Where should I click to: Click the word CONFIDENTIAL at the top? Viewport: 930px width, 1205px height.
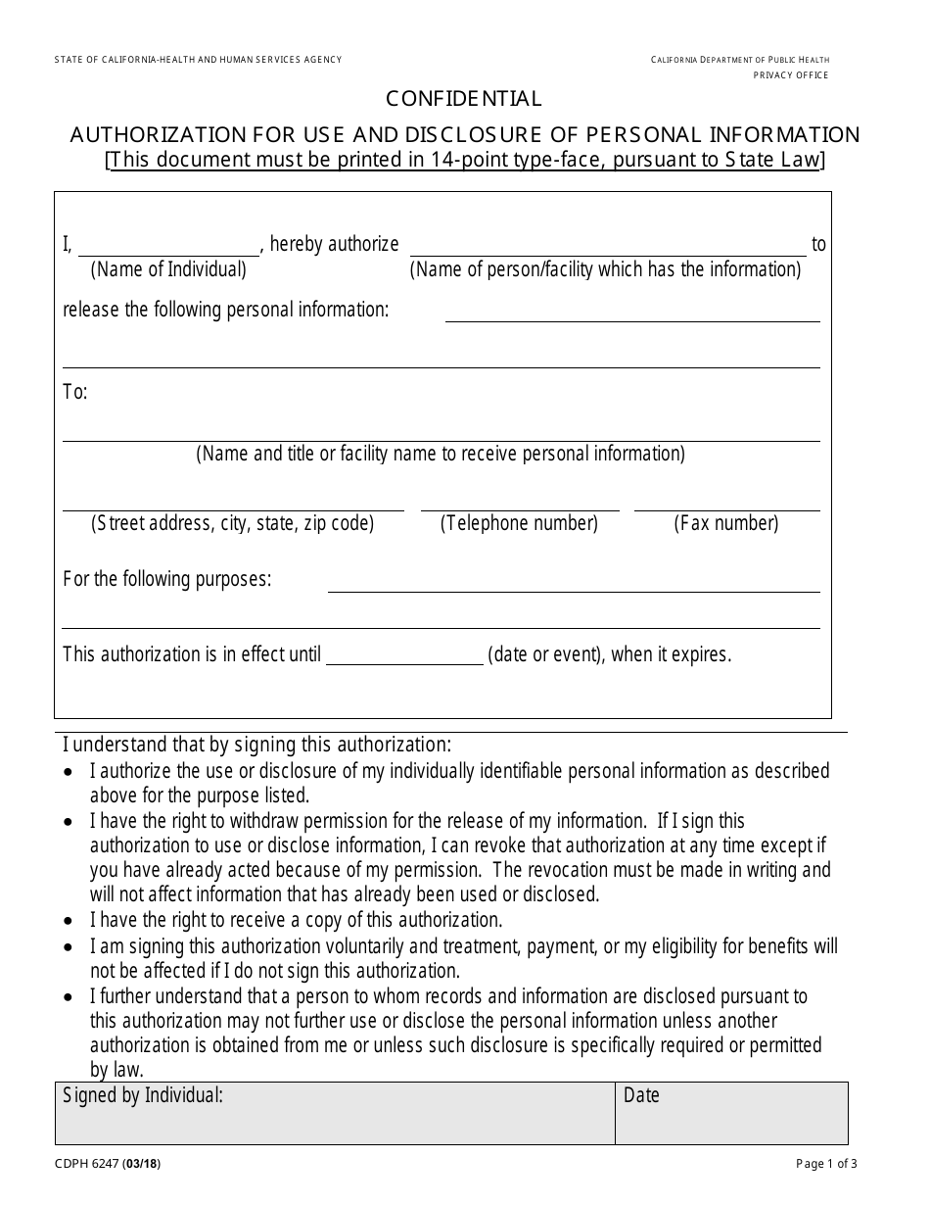pos(464,99)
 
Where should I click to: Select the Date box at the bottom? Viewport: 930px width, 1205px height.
pos(731,1114)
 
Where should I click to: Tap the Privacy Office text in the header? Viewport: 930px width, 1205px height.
pos(790,75)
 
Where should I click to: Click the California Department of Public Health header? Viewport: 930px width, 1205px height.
pos(740,61)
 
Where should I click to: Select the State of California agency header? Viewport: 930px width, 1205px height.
pos(199,61)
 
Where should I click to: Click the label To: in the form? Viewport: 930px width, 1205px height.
pos(75,393)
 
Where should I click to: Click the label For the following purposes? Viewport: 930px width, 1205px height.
pos(167,579)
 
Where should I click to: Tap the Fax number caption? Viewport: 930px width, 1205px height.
pos(726,523)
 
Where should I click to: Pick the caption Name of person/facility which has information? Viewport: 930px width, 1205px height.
pos(605,269)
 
